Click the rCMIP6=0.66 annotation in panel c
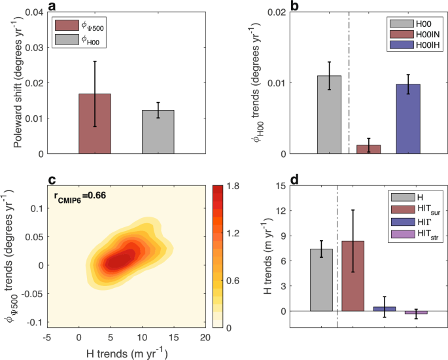tap(84, 195)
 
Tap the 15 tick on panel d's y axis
tap(287, 187)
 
